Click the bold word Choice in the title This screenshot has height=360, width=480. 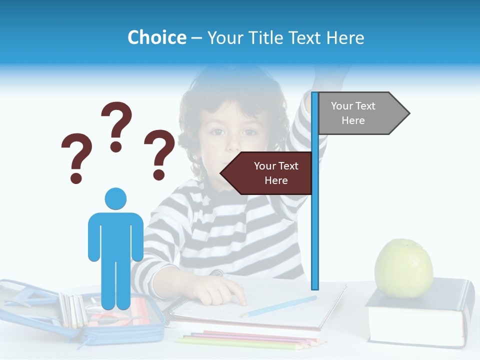pyautogui.click(x=156, y=37)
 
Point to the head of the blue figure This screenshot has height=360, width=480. pyautogui.click(x=115, y=198)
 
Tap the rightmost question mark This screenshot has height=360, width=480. pyautogui.click(x=159, y=154)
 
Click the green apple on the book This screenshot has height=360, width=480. pyautogui.click(x=403, y=267)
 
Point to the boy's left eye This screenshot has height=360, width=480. pyautogui.click(x=249, y=132)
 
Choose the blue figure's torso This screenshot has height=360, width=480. pyautogui.click(x=115, y=235)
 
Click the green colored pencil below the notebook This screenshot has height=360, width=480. pyautogui.click(x=240, y=344)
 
